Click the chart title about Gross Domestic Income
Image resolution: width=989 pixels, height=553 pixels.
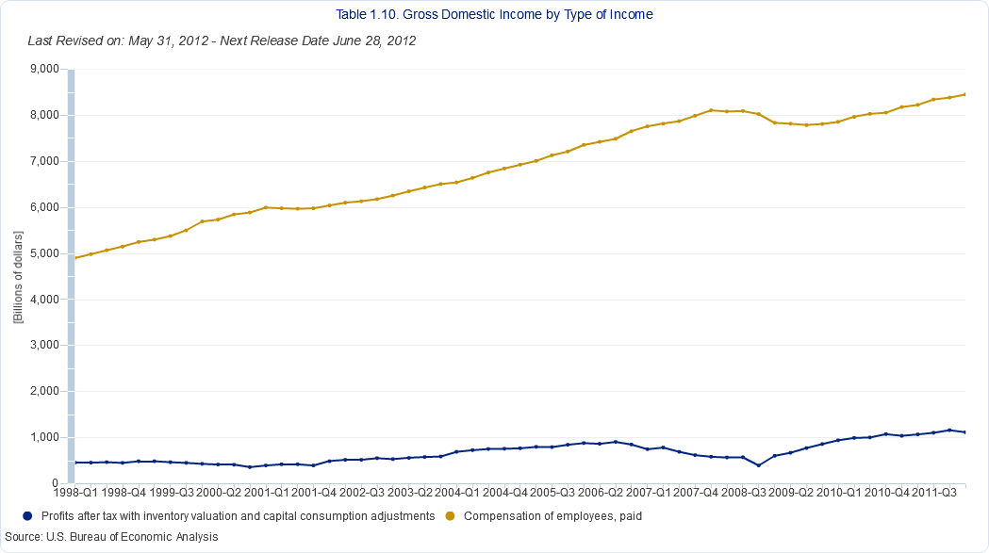pos(494,15)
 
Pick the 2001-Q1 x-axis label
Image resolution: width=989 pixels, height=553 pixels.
pos(271,492)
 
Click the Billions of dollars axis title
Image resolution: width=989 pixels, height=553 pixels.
pos(18,276)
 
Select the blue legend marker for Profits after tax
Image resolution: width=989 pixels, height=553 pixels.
pos(27,516)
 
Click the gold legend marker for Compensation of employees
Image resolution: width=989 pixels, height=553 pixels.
pos(450,516)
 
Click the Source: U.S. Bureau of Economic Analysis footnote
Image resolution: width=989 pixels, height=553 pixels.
pos(111,537)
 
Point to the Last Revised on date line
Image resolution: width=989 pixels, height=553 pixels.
pos(223,41)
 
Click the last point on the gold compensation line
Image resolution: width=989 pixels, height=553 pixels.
pos(964,94)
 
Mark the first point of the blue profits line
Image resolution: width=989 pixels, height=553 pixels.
pos(75,463)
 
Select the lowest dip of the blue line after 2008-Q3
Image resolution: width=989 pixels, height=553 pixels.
pos(758,465)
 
